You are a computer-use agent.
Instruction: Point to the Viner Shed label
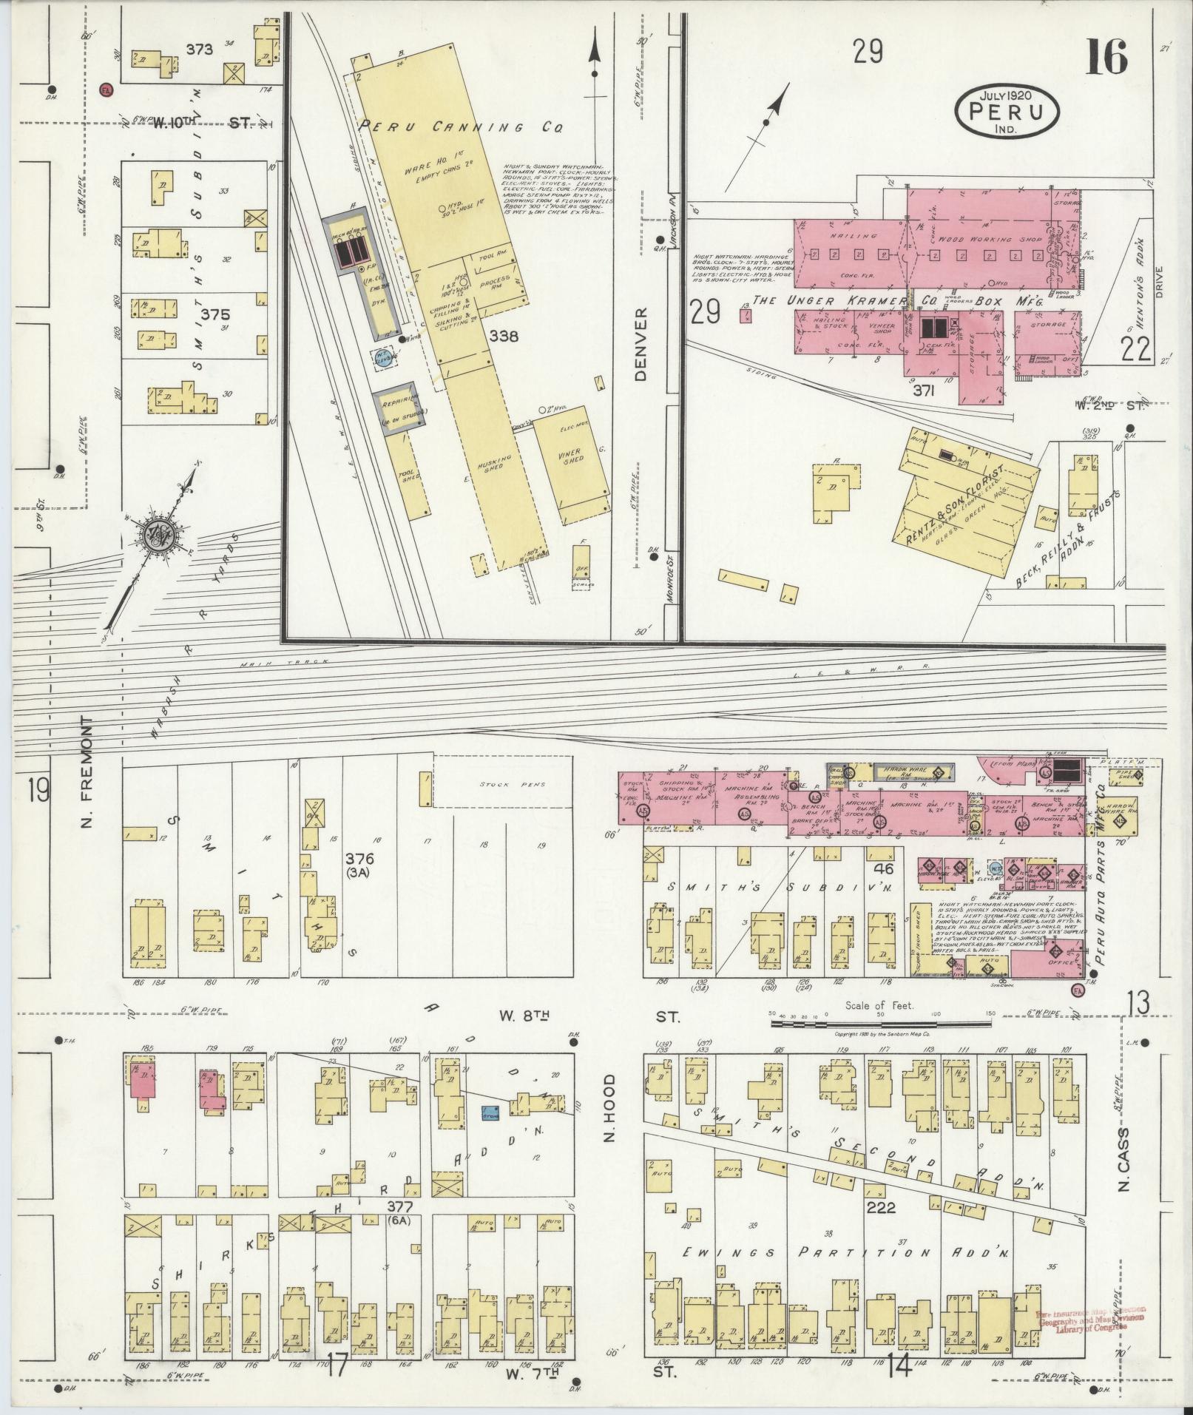click(x=573, y=455)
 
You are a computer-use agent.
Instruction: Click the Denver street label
click(x=641, y=344)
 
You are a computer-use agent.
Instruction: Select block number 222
click(x=881, y=1208)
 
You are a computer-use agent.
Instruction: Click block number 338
click(x=503, y=337)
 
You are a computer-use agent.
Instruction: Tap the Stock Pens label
click(x=501, y=785)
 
